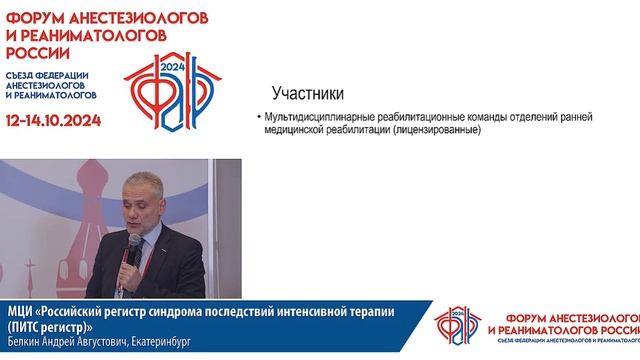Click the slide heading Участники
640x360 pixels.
pyautogui.click(x=308, y=96)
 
